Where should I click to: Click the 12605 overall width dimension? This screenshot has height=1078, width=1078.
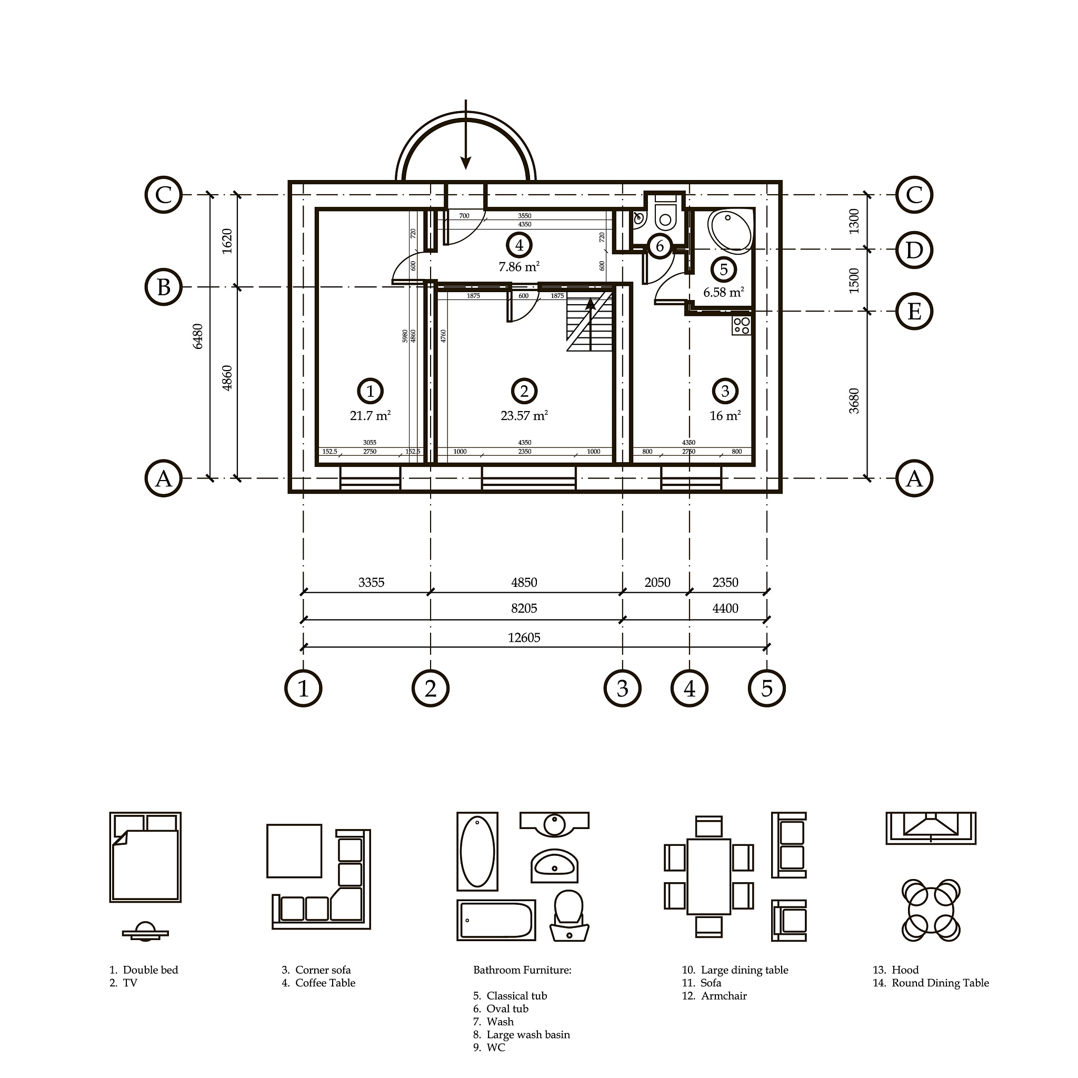[524, 637]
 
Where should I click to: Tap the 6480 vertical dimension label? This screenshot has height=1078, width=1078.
[197, 336]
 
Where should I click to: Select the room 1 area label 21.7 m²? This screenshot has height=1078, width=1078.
[370, 416]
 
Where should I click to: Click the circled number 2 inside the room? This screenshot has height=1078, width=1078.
[524, 391]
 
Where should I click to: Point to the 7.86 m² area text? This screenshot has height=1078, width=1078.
[519, 267]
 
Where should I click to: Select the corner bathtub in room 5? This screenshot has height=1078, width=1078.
[730, 229]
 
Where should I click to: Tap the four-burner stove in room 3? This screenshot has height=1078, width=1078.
[742, 325]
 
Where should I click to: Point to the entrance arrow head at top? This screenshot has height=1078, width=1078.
[465, 162]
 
